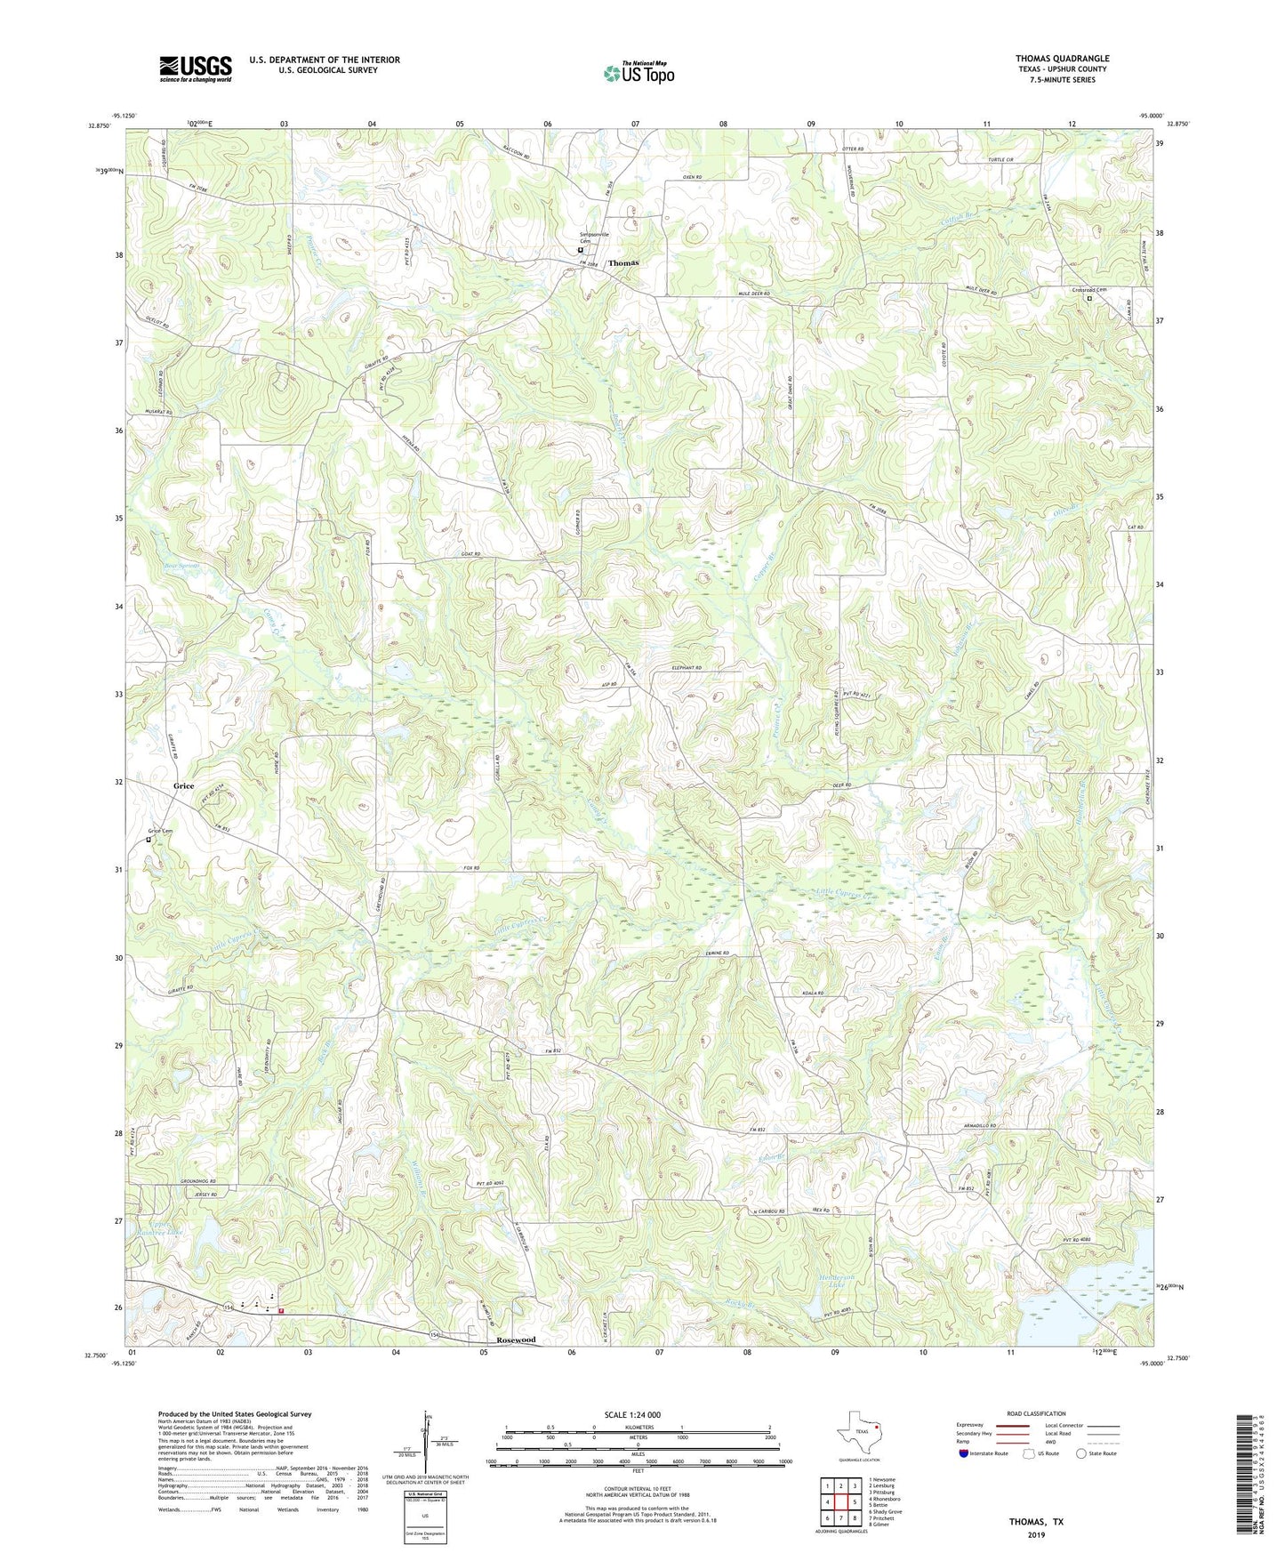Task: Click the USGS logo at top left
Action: click(x=196, y=68)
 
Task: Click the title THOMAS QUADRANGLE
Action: click(x=1062, y=59)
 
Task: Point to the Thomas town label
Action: click(x=623, y=263)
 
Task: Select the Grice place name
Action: click(x=183, y=786)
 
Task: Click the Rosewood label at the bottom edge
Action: click(x=516, y=1340)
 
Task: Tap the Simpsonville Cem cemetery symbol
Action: click(x=581, y=251)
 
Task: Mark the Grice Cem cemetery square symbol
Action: click(x=149, y=840)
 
